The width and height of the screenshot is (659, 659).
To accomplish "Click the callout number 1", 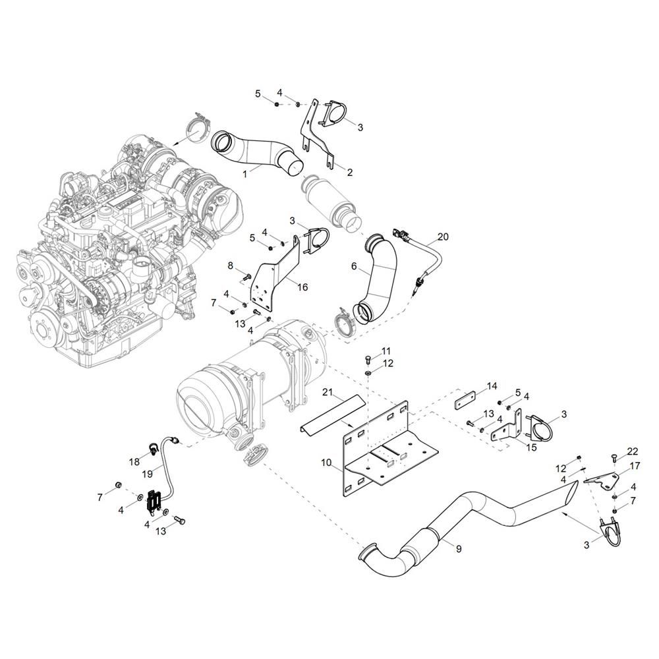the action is click(245, 173).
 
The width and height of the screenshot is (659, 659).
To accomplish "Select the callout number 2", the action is click(350, 172).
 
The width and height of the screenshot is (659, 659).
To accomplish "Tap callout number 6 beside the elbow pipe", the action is click(353, 266).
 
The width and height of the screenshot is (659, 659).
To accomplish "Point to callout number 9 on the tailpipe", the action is click(459, 548).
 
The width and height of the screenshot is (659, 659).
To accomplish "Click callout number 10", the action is click(327, 463).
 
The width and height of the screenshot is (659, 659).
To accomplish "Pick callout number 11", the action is click(386, 351).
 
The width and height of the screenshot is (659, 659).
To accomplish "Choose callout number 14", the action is click(492, 386).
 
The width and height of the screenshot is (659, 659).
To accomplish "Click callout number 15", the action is click(531, 447).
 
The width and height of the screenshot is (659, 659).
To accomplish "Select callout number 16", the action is click(302, 287).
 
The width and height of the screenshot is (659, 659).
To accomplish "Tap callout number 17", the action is click(635, 466).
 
